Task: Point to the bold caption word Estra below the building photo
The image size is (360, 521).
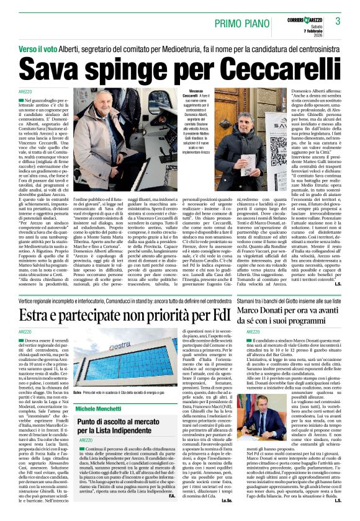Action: pyautogui.click(x=77, y=393)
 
